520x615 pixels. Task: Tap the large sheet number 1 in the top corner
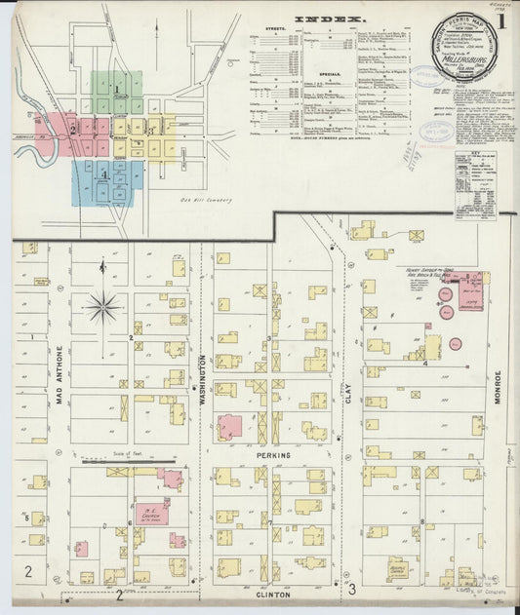click(x=500, y=19)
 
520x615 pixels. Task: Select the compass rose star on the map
click(x=102, y=307)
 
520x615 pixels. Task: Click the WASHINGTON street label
click(x=203, y=379)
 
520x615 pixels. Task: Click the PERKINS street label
click(x=274, y=455)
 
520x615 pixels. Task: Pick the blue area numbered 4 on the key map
click(x=105, y=175)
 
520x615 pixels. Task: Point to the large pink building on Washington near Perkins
click(x=231, y=426)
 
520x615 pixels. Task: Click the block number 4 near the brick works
click(x=425, y=363)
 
